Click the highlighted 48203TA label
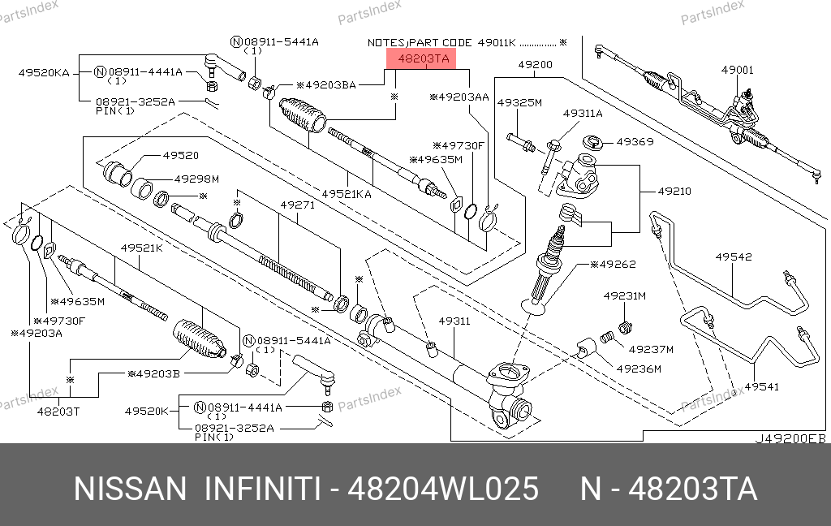422,58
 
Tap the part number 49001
737,70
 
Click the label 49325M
519,103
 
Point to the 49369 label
635,141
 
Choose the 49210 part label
674,192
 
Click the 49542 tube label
733,257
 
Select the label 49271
297,205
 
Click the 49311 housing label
454,321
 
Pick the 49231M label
624,296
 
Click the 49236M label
639,369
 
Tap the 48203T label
58,411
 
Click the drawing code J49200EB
790,438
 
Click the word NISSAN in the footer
130,489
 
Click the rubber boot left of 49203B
198,338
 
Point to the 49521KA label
347,194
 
